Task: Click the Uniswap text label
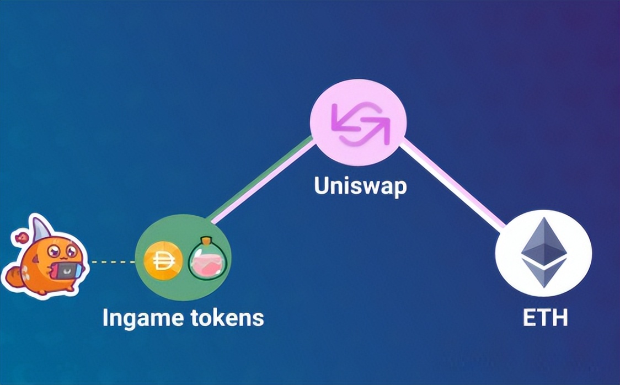click(360, 186)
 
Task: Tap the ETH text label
click(544, 319)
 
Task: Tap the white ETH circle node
click(543, 253)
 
